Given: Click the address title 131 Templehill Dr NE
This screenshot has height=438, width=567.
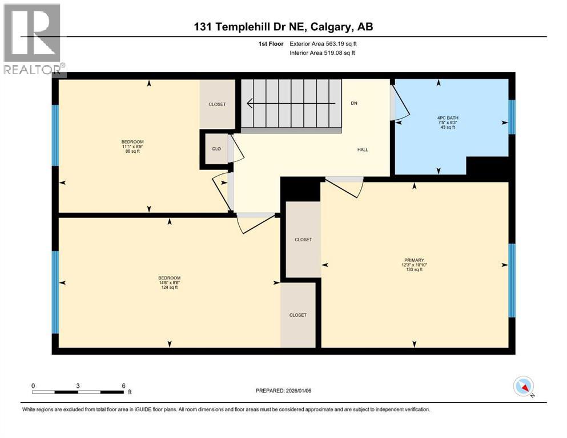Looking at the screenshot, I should tap(283, 26).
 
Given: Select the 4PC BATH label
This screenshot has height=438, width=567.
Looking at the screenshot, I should tap(439, 119).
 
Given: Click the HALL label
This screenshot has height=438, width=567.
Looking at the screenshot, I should tap(363, 150).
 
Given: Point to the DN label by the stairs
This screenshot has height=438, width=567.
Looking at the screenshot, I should tap(354, 103).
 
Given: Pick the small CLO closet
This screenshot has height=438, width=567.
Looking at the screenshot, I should tap(216, 149).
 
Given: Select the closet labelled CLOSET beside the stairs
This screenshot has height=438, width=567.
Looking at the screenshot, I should tap(217, 104).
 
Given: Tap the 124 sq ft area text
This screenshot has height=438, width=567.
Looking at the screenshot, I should tap(169, 287).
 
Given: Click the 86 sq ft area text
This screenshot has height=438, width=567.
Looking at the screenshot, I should tap(132, 152).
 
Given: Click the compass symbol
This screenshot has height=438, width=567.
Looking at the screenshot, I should tap(523, 387).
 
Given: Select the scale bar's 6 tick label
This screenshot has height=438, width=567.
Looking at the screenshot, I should tap(123, 386).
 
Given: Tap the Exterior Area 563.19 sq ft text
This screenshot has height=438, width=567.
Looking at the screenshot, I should tap(325, 43).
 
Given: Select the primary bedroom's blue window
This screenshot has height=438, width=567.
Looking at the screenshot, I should tap(512, 281).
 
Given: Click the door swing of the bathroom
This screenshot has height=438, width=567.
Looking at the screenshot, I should tap(400, 103).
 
